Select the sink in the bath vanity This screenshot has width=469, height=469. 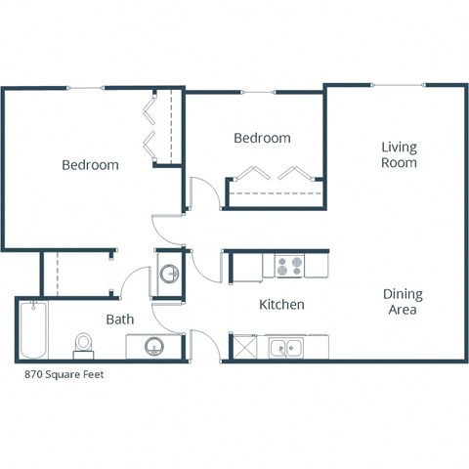pos(154,346)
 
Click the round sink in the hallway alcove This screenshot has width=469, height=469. pos(168,274)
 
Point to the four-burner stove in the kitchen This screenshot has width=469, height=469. pos(289,264)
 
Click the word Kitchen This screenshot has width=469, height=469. pos(281,305)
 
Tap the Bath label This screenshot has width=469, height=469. pos(119,319)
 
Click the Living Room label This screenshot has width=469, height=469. pos(399,155)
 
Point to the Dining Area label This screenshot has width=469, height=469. pos(401,301)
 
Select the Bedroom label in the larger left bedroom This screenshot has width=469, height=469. pos(90,165)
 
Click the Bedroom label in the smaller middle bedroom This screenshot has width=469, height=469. pos(262,139)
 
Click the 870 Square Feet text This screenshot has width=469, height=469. pos(64,374)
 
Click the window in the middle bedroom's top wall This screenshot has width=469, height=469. pos(256,93)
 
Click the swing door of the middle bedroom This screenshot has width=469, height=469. pos(197,192)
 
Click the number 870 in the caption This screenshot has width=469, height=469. pos(33,374)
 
